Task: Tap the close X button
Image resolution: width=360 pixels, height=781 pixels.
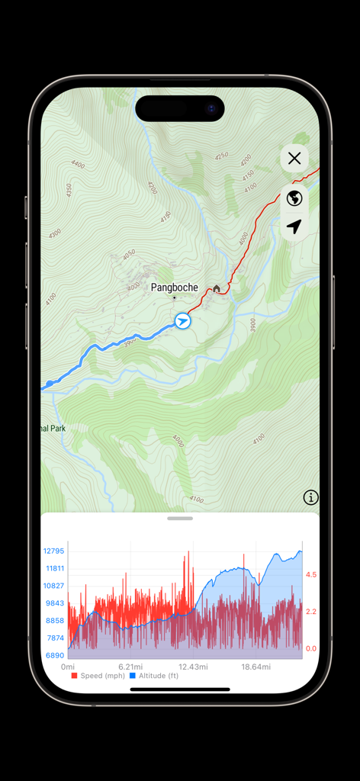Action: (294, 159)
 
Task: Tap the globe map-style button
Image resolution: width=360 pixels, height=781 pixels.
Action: (294, 199)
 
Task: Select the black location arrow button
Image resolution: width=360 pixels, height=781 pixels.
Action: (294, 227)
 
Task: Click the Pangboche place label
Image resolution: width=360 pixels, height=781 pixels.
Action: (174, 288)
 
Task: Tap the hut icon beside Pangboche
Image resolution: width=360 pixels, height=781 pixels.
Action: (217, 288)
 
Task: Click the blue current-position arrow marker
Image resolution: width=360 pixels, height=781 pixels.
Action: (182, 321)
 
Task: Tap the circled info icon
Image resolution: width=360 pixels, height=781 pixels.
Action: (310, 497)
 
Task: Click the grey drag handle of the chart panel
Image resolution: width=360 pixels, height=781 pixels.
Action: (180, 519)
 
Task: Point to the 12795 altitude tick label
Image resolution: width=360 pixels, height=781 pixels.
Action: (53, 551)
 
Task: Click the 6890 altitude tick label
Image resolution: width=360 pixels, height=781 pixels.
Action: (53, 655)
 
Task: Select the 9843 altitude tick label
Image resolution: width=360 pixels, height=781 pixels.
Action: (53, 603)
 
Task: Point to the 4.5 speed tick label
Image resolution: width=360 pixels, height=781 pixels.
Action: (311, 575)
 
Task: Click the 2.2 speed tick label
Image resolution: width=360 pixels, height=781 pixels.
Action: (311, 612)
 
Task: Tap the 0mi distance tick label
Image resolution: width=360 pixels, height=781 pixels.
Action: (68, 667)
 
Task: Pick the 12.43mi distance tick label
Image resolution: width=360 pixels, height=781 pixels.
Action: (193, 667)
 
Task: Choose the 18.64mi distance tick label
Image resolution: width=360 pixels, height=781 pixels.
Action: (256, 667)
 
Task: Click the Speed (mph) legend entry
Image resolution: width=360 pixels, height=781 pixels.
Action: (98, 676)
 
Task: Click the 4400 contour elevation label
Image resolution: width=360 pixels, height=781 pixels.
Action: (78, 164)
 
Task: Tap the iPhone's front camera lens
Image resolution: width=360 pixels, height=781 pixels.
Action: (211, 108)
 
